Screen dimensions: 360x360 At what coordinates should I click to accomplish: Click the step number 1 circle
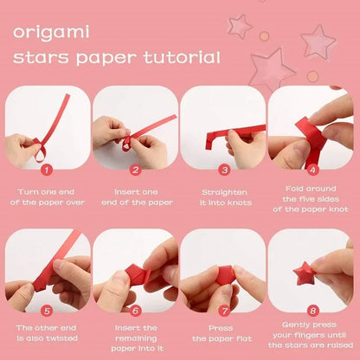46,171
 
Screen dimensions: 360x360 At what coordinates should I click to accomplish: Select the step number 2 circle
135,171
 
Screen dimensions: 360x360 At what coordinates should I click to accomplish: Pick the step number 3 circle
224,171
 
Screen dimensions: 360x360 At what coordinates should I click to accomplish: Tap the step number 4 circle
312,171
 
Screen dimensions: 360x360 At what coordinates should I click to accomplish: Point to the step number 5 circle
46,309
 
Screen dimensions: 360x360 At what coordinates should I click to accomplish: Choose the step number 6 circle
135,309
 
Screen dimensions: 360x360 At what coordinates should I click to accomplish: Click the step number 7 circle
224,309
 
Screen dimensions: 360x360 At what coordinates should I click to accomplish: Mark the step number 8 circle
312,309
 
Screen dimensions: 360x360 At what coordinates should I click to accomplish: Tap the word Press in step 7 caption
224,328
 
